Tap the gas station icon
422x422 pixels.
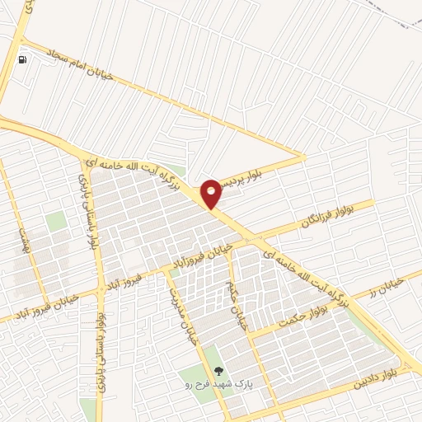(22, 59)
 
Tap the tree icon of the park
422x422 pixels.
(218, 372)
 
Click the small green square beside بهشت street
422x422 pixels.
(55, 222)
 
